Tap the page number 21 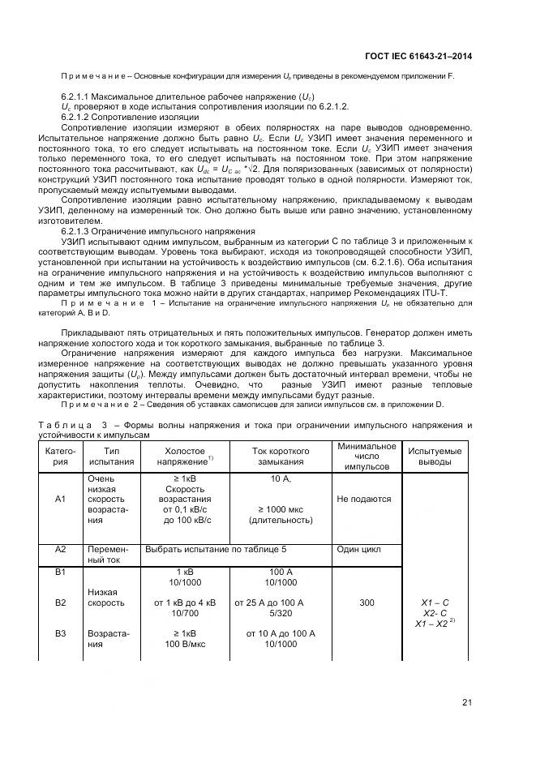click(466, 702)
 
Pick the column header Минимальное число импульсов click(366, 457)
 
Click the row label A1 click(59, 500)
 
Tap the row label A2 click(59, 549)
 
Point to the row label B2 click(59, 602)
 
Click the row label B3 click(59, 633)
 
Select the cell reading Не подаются click(364, 500)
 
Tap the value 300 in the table click(366, 602)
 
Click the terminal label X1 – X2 click(432, 624)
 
